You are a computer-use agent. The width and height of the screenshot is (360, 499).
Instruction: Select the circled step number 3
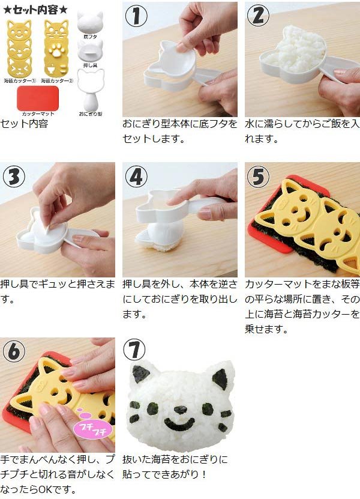pos(14,177)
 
